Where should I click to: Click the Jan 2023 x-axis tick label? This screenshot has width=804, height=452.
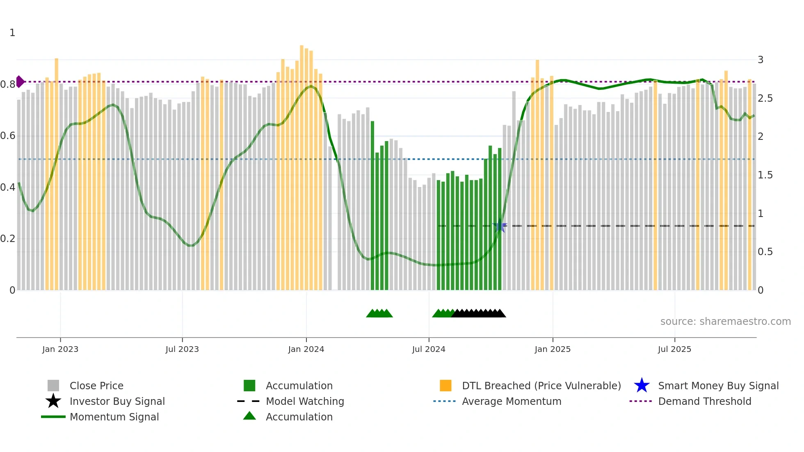(60, 349)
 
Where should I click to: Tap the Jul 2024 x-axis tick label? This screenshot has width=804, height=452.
(429, 349)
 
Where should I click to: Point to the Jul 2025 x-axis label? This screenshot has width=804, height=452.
(674, 349)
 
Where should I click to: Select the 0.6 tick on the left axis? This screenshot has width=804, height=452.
(8, 136)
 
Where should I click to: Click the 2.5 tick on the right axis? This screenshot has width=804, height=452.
(765, 98)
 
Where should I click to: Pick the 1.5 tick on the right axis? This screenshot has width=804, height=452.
(765, 175)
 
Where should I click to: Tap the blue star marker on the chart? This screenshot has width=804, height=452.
(500, 226)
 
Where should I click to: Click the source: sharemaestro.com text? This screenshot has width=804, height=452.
(725, 322)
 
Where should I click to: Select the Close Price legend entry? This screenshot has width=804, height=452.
(96, 386)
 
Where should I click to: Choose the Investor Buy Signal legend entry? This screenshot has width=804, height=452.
(117, 401)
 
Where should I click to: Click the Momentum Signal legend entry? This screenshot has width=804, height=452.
(114, 417)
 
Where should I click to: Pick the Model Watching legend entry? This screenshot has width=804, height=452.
(305, 401)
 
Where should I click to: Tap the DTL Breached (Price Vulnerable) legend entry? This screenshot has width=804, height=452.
(541, 386)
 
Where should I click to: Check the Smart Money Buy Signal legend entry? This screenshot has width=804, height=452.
(718, 386)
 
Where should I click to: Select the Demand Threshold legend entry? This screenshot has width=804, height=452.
(704, 401)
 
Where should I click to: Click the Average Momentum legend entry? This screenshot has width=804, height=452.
(511, 401)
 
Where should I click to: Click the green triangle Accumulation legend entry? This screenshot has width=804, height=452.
(299, 417)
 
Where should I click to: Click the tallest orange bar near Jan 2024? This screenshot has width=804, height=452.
(301, 164)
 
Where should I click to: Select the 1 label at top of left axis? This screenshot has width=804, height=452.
(12, 33)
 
